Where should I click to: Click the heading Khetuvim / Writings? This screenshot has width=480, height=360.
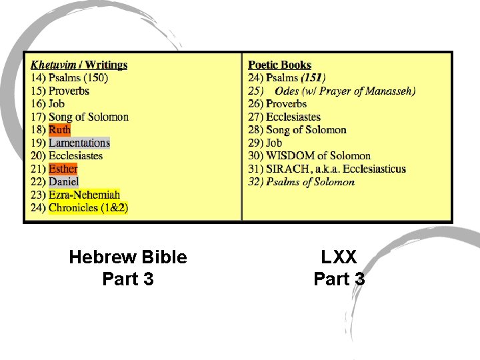click(x=79, y=65)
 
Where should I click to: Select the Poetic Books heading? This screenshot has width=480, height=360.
click(x=279, y=65)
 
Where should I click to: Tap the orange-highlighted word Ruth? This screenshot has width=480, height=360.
click(x=59, y=130)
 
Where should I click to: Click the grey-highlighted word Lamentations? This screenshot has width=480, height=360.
click(x=79, y=143)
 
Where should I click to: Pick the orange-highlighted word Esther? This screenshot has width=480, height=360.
click(x=63, y=169)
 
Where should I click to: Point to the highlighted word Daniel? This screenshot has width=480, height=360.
click(x=64, y=181)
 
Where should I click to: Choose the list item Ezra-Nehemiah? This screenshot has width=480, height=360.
click(x=84, y=195)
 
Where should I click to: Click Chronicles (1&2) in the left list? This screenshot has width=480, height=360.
click(x=88, y=208)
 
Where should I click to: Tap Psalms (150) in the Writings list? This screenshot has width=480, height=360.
click(x=78, y=77)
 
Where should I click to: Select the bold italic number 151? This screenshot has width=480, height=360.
click(x=312, y=77)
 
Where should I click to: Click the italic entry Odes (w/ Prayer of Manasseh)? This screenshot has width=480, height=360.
click(x=345, y=91)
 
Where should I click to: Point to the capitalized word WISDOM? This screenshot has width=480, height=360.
click(x=289, y=156)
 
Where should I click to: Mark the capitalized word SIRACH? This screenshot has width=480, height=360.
click(x=287, y=169)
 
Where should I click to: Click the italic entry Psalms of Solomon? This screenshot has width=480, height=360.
click(x=310, y=182)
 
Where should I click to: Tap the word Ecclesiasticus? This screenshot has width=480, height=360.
click(x=374, y=169)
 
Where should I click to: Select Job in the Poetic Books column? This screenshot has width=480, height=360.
click(x=274, y=143)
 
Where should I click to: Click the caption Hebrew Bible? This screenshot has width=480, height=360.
click(x=128, y=257)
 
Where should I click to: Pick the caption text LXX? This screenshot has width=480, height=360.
click(x=339, y=257)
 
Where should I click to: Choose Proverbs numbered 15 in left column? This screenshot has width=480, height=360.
click(x=69, y=91)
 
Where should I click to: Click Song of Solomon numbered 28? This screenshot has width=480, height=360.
click(x=306, y=130)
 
